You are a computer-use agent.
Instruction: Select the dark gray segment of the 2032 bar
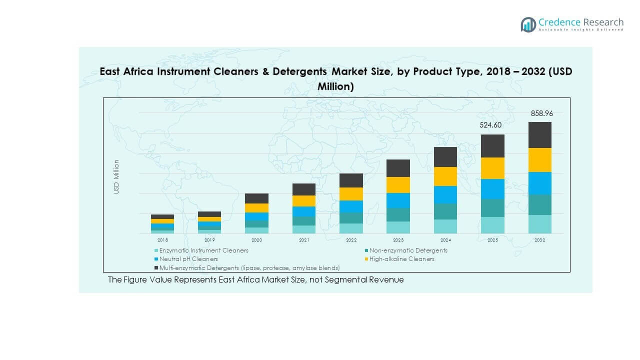[x=539, y=135]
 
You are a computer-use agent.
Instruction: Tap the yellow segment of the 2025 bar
[x=492, y=168]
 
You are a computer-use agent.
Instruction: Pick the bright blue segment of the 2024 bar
[x=445, y=194]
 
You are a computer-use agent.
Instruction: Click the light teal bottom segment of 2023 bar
[x=398, y=227]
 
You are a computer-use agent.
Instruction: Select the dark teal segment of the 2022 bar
[x=351, y=218]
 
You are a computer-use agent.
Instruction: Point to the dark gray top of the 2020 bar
[x=256, y=198]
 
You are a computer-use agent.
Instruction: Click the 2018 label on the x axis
[x=162, y=240]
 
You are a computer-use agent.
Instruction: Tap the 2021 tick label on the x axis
[x=303, y=240]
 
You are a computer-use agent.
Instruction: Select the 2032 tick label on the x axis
[x=539, y=240]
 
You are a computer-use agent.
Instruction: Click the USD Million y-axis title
[x=116, y=176]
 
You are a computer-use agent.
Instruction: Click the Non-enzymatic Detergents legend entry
[x=408, y=250]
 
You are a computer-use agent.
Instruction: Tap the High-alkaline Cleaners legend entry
[x=401, y=259]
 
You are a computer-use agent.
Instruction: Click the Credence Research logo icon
[x=528, y=24]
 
